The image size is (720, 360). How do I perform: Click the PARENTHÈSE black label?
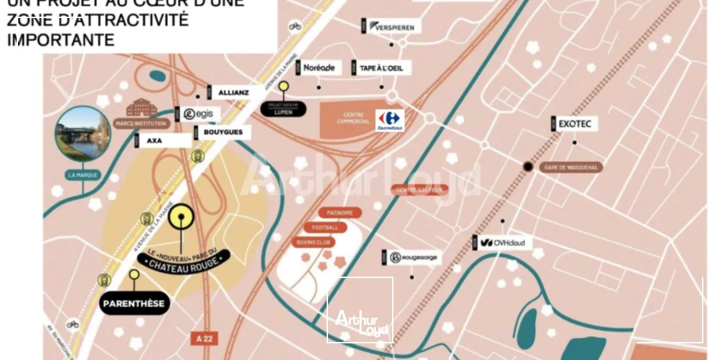pos(133,304)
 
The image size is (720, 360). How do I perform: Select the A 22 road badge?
pos(205,339)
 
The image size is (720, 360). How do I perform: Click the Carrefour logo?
pos(390,120)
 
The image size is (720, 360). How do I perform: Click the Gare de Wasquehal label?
pos(571,167)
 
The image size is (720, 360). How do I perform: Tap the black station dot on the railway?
pos(528,167)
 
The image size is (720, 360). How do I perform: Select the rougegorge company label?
pos(414,258)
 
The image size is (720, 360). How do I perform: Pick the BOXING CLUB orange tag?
pos(313,242)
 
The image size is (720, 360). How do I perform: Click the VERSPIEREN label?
pos(394,27)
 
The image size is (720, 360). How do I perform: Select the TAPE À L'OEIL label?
pos(381,68)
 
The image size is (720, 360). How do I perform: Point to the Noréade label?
pos(319,68)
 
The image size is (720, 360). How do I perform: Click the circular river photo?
pos(83,133)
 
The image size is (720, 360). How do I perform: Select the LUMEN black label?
pos(283,111)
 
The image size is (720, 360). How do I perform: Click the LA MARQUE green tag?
pos(83,175)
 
